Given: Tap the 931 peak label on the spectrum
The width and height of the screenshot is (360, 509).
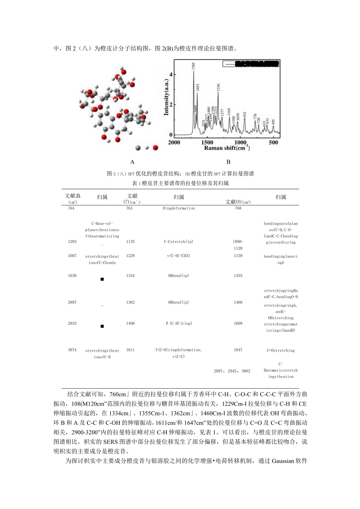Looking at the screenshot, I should pos(245,115).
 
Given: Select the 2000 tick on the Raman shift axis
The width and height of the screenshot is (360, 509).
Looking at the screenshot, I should pos(174,142).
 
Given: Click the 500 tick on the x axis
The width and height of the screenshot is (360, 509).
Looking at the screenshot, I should pos(274,142).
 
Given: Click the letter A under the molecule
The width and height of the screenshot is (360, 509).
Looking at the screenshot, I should pos(132,162).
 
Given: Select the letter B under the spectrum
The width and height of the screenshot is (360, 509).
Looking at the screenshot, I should pos(229,162).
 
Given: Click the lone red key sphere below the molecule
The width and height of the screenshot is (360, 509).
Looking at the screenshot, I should pos(155,148).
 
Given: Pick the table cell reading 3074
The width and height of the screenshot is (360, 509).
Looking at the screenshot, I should pos(71,351).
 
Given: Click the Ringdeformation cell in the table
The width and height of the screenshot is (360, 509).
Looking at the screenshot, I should pos(178,208).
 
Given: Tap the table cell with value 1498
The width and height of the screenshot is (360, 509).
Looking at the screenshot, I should pos(130,324).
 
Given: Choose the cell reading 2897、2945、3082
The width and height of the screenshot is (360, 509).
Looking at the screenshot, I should pos(232,371).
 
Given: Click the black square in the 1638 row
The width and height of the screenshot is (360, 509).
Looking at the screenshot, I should pos(102,279).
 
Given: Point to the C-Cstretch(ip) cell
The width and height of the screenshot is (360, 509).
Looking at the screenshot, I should pos(178,242).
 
